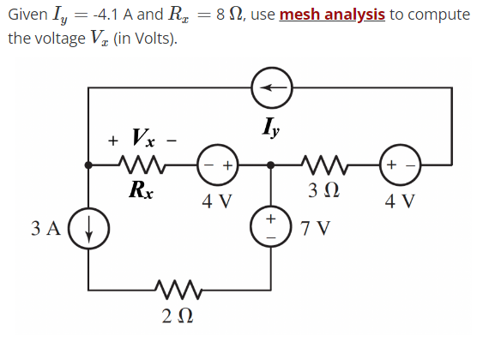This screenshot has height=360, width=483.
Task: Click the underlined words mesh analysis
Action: (335, 15)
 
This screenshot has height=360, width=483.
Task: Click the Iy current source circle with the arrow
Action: (271, 87)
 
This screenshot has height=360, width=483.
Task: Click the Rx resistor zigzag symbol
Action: (139, 163)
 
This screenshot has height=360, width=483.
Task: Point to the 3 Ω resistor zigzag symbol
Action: (324, 163)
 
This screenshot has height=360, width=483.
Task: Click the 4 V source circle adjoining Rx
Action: (216, 163)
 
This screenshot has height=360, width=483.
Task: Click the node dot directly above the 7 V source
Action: (271, 163)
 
